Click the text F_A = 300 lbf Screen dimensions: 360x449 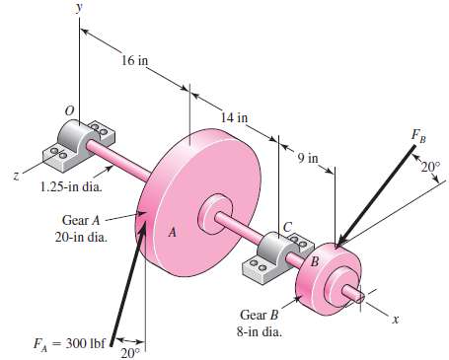(x=63, y=343)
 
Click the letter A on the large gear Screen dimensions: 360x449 (x=171, y=234)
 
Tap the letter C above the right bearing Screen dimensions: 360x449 (x=288, y=226)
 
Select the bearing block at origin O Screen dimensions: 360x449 (x=73, y=143)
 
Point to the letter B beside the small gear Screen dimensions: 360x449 (x=314, y=262)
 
